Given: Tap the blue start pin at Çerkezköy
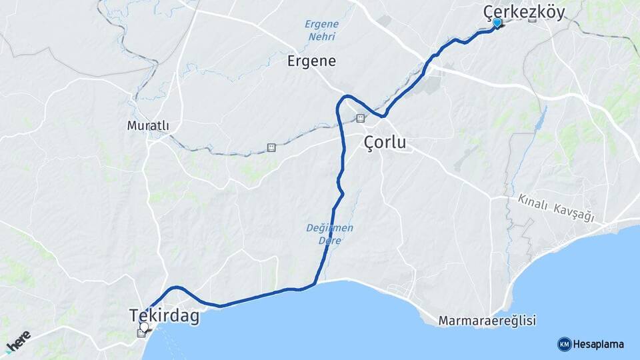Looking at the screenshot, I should pyautogui.click(x=497, y=23).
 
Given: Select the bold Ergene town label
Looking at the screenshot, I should pyautogui.click(x=311, y=61).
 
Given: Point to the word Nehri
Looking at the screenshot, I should pyautogui.click(x=322, y=37).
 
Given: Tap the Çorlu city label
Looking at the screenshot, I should pyautogui.click(x=385, y=143).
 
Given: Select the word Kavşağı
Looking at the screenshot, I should pyautogui.click(x=573, y=209).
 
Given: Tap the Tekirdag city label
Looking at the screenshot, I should pyautogui.click(x=164, y=315).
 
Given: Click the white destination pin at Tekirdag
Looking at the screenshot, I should pyautogui.click(x=144, y=327).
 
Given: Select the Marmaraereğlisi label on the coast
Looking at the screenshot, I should pyautogui.click(x=487, y=321).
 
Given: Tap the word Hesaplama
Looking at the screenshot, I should pyautogui.click(x=599, y=344).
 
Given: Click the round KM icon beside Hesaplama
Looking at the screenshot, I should pyautogui.click(x=564, y=344).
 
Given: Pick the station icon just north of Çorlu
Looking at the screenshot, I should pyautogui.click(x=361, y=119).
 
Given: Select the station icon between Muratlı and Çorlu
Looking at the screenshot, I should pyautogui.click(x=271, y=147).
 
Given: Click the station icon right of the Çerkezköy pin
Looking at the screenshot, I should pyautogui.click(x=532, y=19).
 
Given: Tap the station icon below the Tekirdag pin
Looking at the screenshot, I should pyautogui.click(x=141, y=333).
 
